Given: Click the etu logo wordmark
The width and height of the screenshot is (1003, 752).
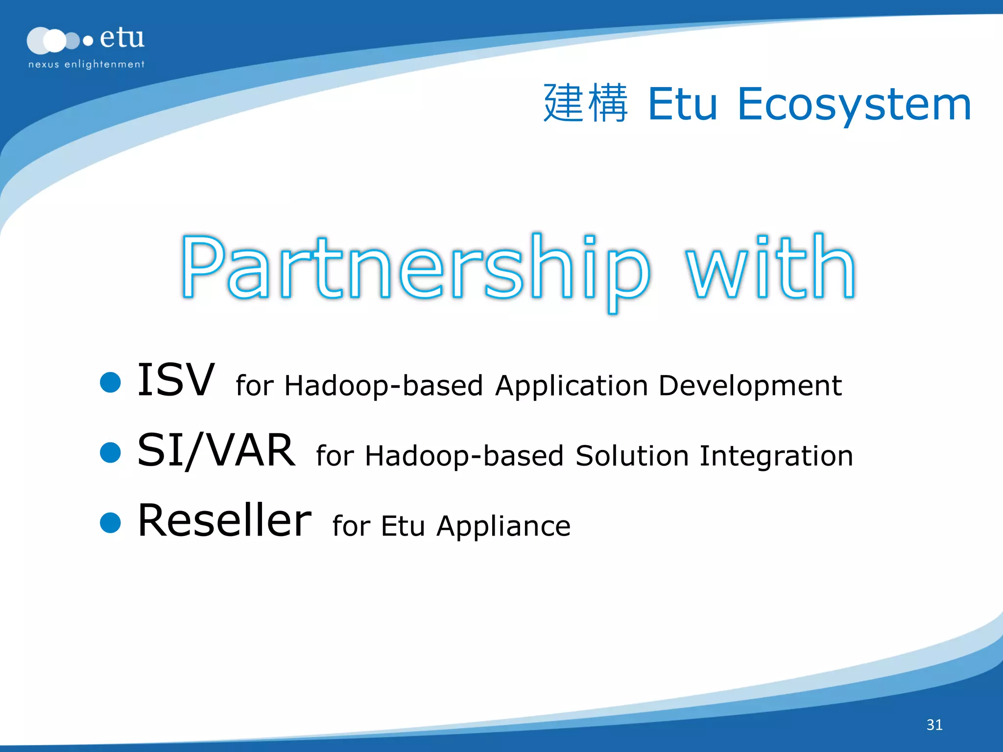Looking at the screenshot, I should point(122,38).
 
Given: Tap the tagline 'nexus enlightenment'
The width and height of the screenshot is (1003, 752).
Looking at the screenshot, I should point(86,64).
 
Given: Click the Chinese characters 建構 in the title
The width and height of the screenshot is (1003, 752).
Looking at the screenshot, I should point(586,103).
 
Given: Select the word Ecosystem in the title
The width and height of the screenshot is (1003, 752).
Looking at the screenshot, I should point(854,104).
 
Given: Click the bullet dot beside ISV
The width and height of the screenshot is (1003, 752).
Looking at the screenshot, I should point(110,382).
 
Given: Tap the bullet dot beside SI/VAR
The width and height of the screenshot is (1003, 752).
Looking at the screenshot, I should point(110,452).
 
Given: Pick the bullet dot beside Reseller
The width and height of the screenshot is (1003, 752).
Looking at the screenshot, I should point(110,522).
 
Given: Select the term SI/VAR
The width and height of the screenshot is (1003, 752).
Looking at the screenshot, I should point(216,450).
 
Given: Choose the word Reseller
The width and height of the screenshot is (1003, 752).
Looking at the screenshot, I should point(224,520).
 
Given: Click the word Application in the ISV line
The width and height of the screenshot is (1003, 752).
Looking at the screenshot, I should point(572,386).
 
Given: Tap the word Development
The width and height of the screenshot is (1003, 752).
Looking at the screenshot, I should point(750,386).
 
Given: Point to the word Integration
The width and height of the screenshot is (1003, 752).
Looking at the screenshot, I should point(776,456).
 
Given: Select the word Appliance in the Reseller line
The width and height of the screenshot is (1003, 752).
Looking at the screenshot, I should point(503,527).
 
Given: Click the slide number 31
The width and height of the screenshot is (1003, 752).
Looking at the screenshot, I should point(934,725).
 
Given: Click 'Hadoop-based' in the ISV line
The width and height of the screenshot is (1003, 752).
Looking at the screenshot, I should point(383,386).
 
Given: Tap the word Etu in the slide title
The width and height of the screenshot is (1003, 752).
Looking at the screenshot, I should point(682,104).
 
